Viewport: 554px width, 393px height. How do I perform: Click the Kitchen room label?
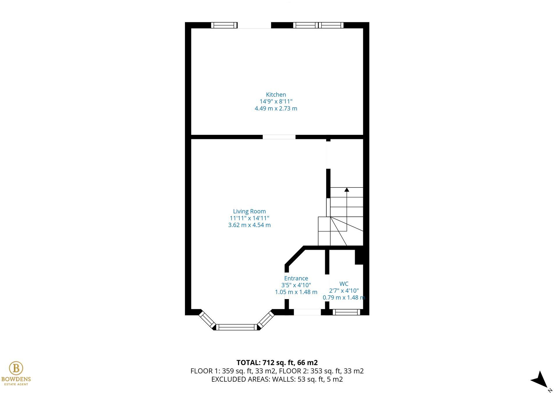click(x=276, y=95)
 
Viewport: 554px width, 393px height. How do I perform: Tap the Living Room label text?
click(x=249, y=211)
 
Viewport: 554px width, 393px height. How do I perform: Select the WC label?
click(x=344, y=284)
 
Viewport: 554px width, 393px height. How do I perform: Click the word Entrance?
click(x=296, y=278)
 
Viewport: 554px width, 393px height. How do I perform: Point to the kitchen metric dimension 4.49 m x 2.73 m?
click(x=276, y=108)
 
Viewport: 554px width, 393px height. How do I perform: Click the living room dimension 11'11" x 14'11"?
click(x=249, y=218)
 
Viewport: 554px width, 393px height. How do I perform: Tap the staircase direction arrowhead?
click(x=347, y=190)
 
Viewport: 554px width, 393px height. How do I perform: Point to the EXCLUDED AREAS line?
click(x=277, y=379)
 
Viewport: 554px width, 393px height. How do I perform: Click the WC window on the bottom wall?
click(x=346, y=312)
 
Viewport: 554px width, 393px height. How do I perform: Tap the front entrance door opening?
click(x=307, y=312)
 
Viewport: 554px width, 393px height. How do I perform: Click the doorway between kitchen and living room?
click(x=279, y=137)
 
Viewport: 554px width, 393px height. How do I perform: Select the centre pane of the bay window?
click(x=236, y=327)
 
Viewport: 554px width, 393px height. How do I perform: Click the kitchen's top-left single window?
click(x=224, y=25)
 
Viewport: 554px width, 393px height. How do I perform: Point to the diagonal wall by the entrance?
click(x=294, y=256)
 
